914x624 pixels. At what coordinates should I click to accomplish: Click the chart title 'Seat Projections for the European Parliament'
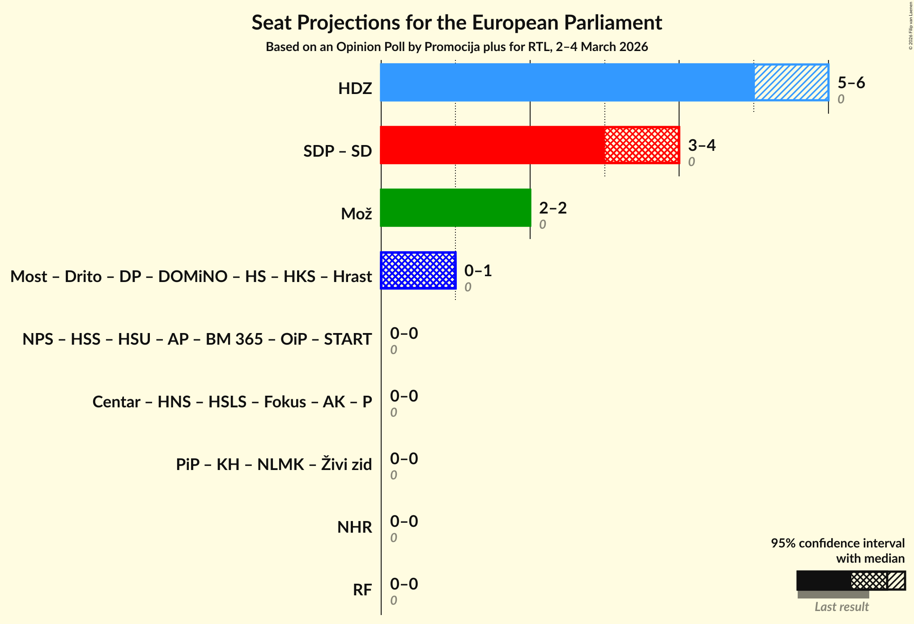coord(456,23)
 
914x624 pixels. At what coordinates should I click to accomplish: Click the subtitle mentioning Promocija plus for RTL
coord(456,47)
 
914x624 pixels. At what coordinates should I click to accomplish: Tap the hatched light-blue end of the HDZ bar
coord(791,82)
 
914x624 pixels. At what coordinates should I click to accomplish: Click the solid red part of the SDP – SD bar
coord(492,145)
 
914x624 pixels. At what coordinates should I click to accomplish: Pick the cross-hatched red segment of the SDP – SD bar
coord(642,145)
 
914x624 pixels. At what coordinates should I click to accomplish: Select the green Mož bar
coord(455,208)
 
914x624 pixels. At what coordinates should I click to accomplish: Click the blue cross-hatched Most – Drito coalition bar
coord(418,270)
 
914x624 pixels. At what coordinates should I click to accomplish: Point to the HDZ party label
coord(355,89)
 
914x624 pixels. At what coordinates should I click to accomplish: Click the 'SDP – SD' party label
coord(337,151)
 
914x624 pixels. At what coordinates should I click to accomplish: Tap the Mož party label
coord(356,214)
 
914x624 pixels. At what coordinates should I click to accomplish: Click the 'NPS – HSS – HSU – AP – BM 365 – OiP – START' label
coord(197,339)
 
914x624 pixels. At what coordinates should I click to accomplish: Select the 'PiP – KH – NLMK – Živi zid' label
coord(273,465)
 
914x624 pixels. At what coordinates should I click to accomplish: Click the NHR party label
coord(354,527)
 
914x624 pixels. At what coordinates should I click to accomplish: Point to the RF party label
coord(362,590)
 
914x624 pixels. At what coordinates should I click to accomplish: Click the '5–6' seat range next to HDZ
coord(851,83)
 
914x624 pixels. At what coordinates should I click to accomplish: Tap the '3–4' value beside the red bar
coord(701,145)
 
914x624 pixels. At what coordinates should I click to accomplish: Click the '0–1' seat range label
coord(478,271)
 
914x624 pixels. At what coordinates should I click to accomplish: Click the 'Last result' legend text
coord(841,607)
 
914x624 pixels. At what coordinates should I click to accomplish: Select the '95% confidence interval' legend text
coord(837,543)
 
